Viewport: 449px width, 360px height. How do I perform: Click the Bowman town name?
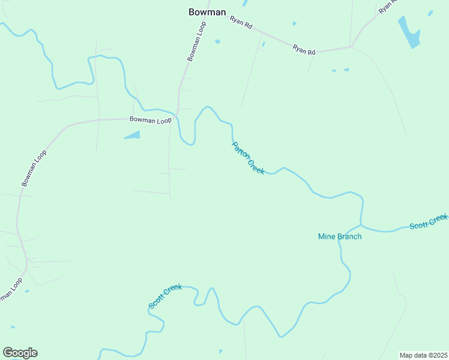coord(207,11)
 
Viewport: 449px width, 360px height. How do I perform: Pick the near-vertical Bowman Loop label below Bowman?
coord(196,41)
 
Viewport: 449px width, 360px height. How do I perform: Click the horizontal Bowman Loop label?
coord(151,120)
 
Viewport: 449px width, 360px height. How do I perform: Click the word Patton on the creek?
coord(240,150)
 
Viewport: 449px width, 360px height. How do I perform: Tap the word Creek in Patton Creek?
coord(256,166)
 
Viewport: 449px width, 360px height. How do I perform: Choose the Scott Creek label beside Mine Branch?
coord(428,221)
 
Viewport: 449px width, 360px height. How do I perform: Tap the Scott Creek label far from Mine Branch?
coord(165,296)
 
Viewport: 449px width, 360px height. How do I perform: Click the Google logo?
coord(20,352)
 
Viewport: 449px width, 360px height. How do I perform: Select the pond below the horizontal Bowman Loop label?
coord(133,135)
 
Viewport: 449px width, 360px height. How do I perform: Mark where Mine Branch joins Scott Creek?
coord(361,225)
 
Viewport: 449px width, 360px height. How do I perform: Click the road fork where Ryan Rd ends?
coord(351,46)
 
